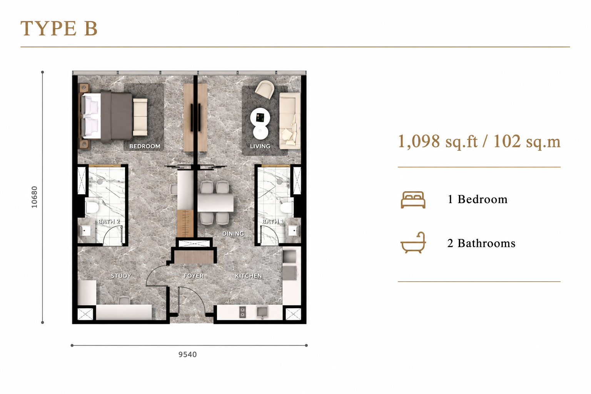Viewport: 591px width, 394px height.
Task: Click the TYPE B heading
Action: click(59, 28)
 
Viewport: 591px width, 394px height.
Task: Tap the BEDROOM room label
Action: click(145, 146)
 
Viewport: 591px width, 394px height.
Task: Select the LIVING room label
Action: click(260, 146)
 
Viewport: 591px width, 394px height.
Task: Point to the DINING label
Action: click(233, 234)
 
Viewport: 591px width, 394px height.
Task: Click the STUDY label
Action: click(121, 276)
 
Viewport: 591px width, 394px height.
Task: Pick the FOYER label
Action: click(194, 276)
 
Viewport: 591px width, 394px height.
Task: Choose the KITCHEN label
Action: click(249, 276)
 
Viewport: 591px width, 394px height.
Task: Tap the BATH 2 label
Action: click(109, 221)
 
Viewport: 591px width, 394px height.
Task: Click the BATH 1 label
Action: click(273, 221)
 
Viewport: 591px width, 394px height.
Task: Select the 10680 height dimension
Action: click(34, 197)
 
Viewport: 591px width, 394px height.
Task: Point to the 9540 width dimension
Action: click(188, 354)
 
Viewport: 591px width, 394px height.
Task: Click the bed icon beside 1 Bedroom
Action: click(413, 200)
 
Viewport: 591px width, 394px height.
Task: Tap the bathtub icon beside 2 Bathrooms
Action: click(413, 242)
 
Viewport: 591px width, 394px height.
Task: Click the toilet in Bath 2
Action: click(92, 207)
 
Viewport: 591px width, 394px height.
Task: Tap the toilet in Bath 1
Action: click(287, 207)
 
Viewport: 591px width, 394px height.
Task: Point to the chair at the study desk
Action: click(124, 300)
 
